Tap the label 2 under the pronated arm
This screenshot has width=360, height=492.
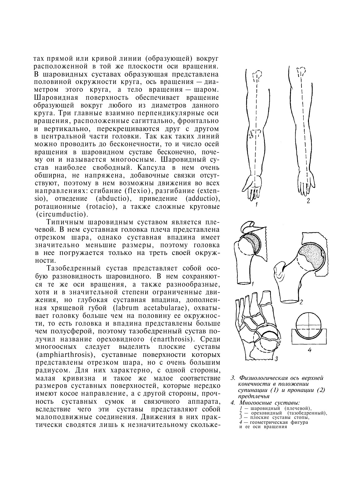(308, 201)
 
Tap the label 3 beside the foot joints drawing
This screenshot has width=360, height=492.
(276, 359)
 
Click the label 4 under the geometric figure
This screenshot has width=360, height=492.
(309, 350)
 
